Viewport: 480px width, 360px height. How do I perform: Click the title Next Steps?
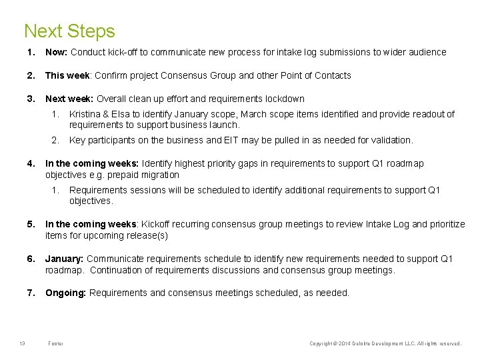69,31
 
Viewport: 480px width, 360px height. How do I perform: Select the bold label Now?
57,52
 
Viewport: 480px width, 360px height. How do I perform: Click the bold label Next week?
69,99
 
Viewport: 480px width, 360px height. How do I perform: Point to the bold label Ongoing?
65,293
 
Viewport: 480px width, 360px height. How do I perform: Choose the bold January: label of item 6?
65,259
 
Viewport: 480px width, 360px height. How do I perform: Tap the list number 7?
30,293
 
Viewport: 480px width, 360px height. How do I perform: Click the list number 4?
30,163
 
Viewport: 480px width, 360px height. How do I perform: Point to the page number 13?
22,343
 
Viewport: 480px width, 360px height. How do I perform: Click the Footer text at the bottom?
56,343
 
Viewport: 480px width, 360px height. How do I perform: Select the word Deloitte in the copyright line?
363,343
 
